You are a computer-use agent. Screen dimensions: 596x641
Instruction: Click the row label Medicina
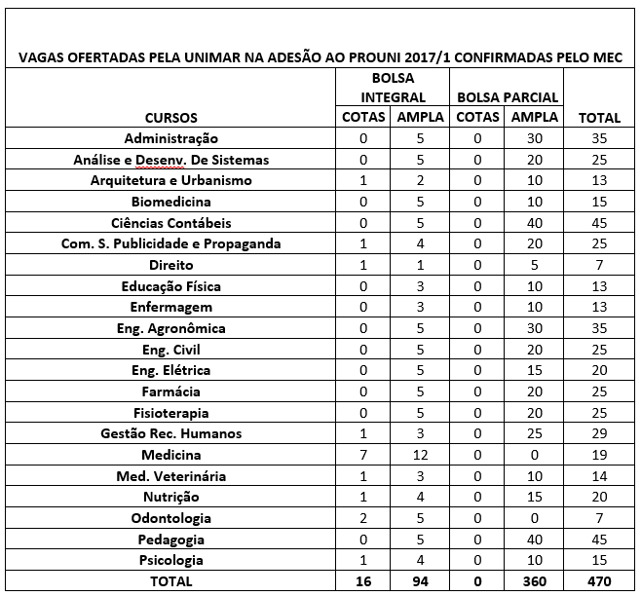point(170,455)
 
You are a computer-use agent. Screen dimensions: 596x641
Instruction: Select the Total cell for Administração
point(599,139)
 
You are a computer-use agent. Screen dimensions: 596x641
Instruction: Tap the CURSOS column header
point(170,118)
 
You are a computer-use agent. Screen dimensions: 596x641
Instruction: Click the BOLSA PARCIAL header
point(507,97)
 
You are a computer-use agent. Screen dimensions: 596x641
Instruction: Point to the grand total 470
point(599,581)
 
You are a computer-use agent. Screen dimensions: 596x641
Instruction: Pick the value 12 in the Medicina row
point(420,455)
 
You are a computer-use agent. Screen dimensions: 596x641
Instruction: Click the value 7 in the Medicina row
point(363,455)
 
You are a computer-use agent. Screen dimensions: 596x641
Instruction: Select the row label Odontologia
point(170,518)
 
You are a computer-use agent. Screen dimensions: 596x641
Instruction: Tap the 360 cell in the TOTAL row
point(534,581)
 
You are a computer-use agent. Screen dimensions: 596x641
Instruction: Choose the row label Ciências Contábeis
point(170,223)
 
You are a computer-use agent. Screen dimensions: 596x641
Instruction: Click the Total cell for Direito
point(599,265)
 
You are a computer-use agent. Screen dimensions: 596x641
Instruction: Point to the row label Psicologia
point(170,560)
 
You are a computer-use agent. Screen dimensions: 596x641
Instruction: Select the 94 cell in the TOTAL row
point(420,581)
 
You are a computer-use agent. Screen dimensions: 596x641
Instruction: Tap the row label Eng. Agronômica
point(170,328)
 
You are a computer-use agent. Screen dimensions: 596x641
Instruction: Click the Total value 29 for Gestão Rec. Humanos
point(599,433)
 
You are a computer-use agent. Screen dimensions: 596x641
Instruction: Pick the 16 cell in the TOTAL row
point(363,581)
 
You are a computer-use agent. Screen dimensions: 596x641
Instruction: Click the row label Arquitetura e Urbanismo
point(170,181)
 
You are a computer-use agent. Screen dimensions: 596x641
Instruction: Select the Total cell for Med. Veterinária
point(599,476)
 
